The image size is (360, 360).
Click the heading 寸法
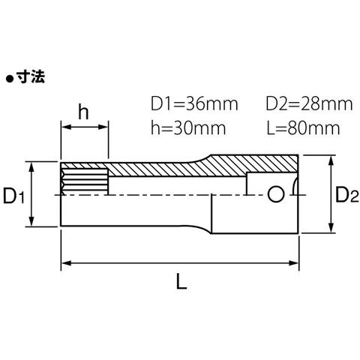click(31, 76)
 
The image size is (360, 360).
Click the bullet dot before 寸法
click(10, 79)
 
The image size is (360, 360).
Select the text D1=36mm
click(194, 104)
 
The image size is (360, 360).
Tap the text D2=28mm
click(309, 104)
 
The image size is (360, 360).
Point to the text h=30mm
click(188, 128)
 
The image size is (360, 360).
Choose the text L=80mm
click(303, 128)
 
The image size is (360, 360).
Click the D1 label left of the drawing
click(13, 196)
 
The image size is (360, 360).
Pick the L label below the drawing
click(181, 281)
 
